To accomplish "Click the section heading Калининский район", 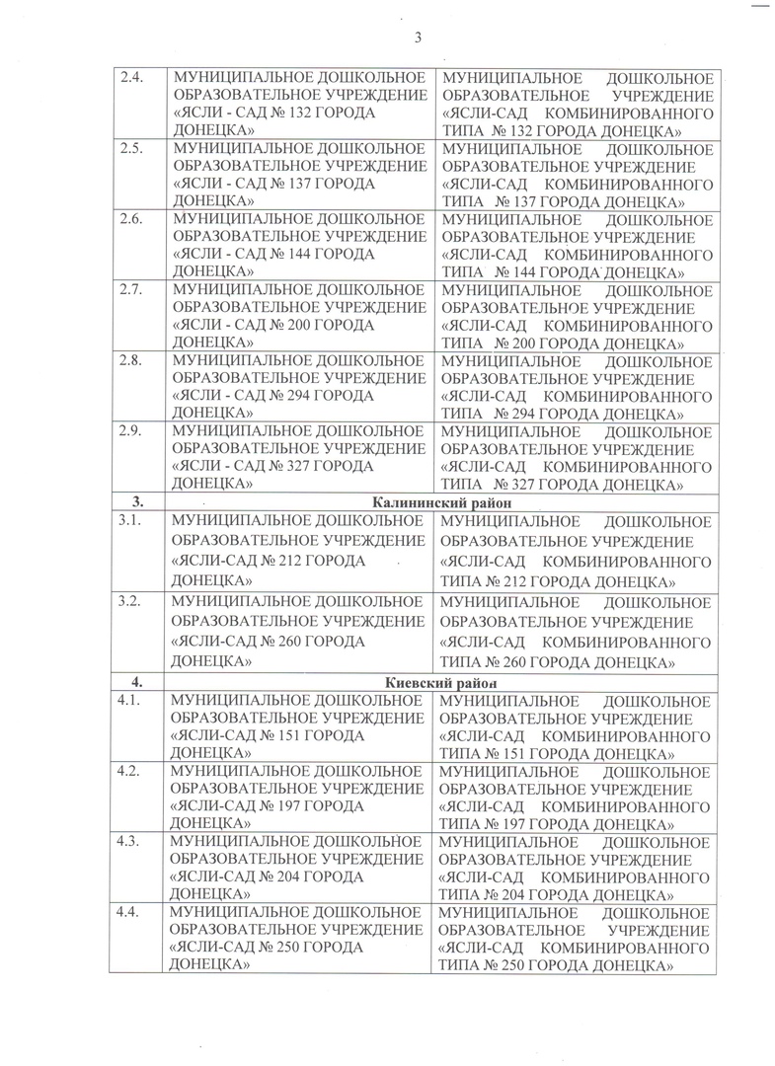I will point(439,502).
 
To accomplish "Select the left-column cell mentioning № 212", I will point(298,551).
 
